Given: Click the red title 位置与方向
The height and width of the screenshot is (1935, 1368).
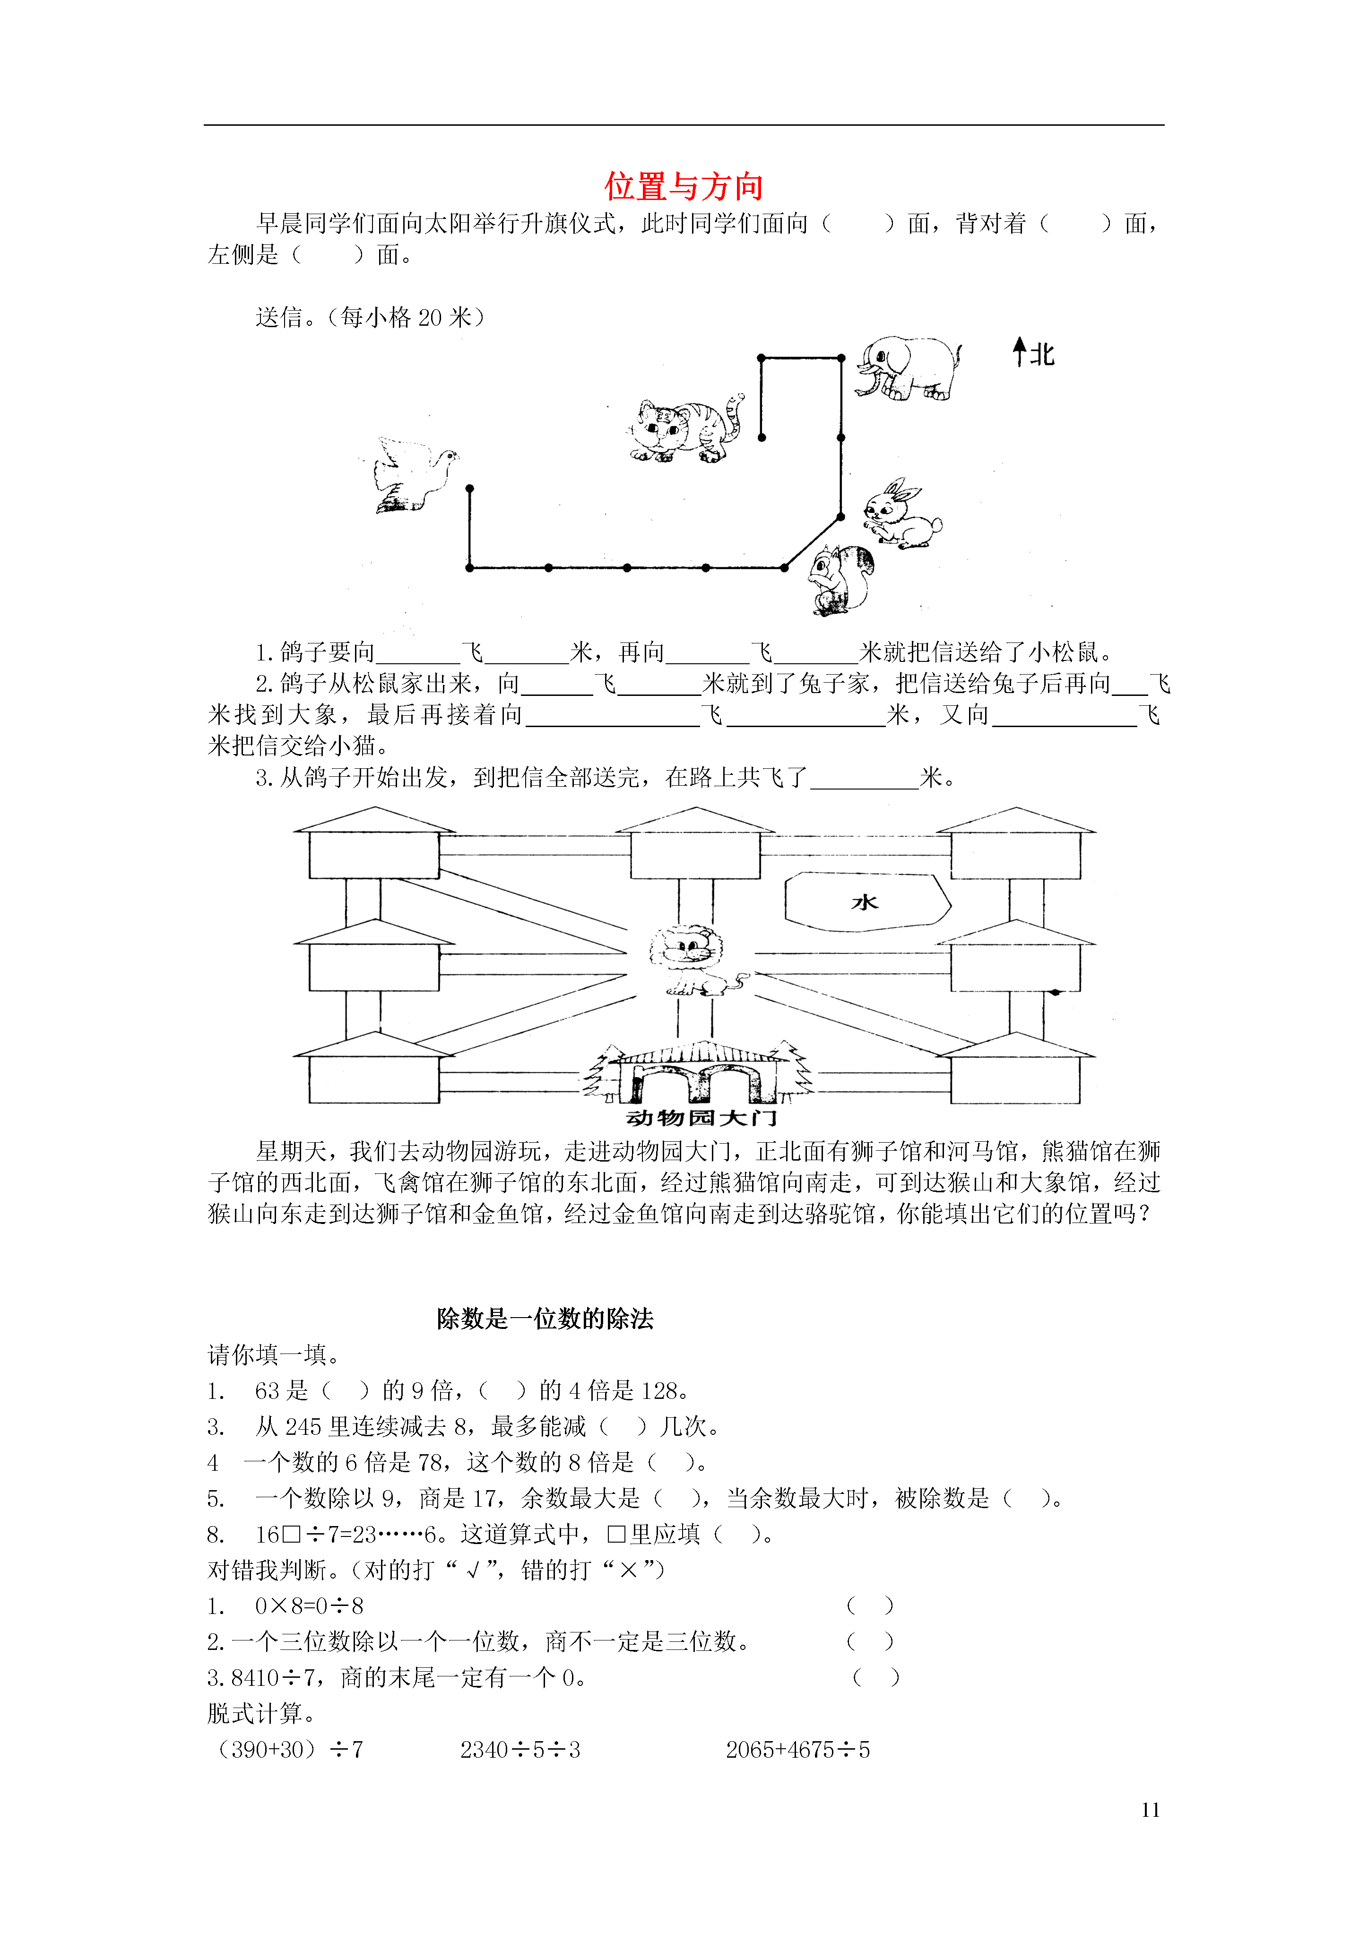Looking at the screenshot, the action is pos(684,186).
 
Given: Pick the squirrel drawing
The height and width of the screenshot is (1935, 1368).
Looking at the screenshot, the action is pos(840,581).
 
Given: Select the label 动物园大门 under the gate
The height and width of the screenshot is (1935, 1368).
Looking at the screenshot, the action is pos(701,1118).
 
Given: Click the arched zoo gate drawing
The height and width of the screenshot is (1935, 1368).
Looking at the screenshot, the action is pos(698,1073).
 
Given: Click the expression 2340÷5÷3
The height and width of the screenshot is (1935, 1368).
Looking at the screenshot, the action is pos(520,1750).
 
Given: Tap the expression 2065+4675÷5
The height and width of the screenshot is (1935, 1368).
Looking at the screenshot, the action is pos(797,1750).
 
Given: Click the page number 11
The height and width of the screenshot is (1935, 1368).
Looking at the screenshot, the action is pos(1151,1809).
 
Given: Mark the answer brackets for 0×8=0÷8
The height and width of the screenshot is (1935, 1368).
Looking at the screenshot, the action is pos(870,1605).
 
